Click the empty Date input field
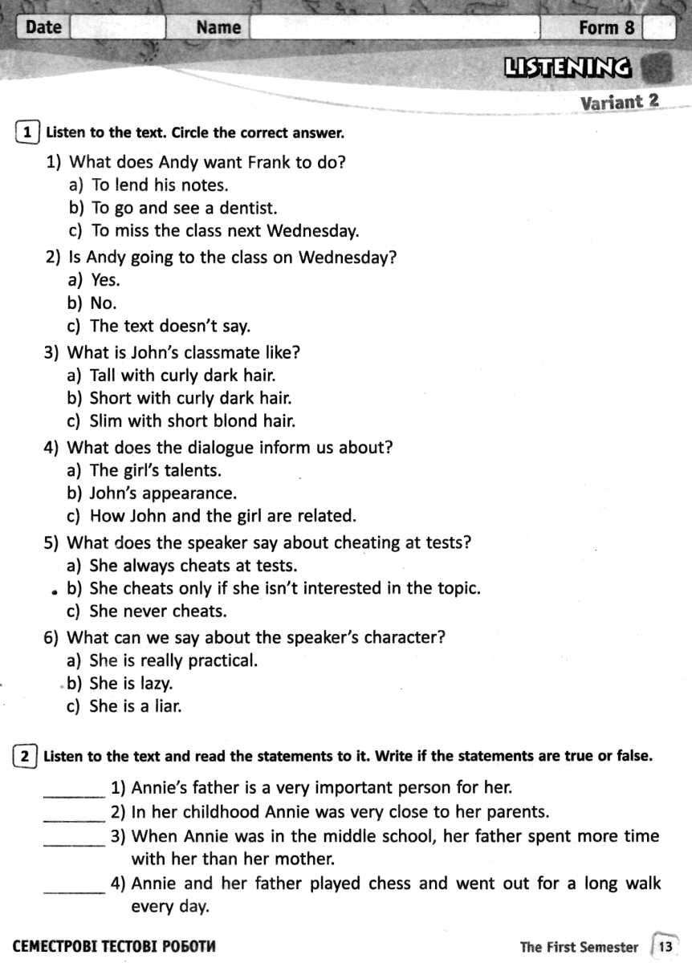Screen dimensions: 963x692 117,27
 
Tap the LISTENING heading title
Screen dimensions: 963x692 567,67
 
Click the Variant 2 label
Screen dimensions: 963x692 619,102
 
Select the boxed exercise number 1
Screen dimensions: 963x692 27,132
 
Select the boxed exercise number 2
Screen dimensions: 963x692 26,756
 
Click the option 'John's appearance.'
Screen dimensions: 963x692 163,493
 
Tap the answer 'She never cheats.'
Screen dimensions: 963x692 158,611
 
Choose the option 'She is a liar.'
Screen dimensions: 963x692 136,706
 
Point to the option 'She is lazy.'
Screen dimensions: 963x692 131,684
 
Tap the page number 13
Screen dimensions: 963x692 666,947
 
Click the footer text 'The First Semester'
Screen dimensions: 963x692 579,947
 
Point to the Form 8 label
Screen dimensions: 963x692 606,27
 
